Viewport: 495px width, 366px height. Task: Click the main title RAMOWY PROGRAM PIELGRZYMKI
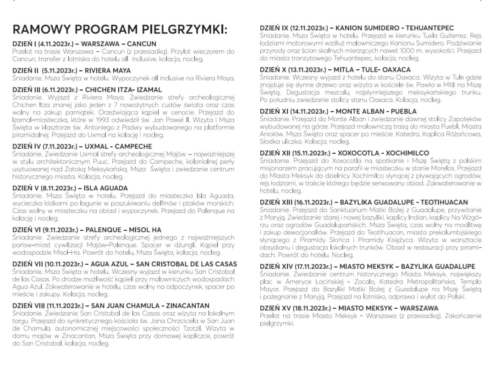pyautogui.click(x=120, y=30)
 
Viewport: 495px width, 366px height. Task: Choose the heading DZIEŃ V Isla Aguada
pyautogui.click(x=70, y=188)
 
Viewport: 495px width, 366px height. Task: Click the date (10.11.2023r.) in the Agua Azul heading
pyautogui.click(x=62, y=264)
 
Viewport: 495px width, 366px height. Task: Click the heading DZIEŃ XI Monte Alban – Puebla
pyautogui.click(x=338, y=111)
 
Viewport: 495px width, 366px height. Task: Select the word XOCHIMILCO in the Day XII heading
pyautogui.click(x=404, y=153)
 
